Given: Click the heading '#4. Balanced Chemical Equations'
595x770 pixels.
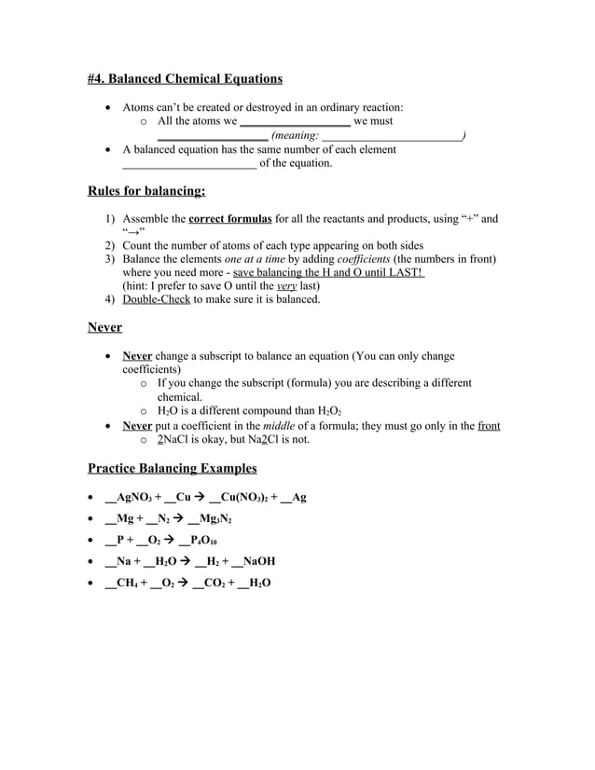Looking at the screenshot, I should pyautogui.click(x=185, y=78).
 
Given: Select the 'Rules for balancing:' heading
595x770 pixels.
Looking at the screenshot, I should pyautogui.click(x=146, y=191).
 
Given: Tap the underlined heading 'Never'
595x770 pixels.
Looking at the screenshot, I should pyautogui.click(x=104, y=327).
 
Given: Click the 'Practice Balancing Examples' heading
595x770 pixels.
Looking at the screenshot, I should pyautogui.click(x=172, y=467).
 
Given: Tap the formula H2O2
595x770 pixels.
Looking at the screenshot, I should pyautogui.click(x=333, y=411).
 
